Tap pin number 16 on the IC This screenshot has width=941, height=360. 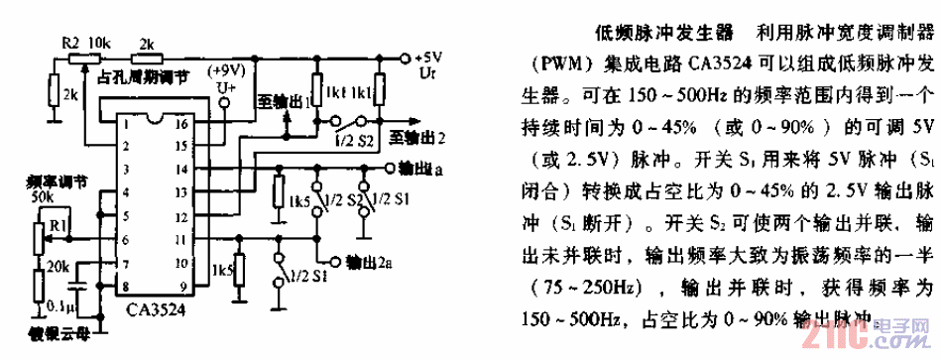(181, 127)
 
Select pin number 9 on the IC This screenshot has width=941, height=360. (182, 286)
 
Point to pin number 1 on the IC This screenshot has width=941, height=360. (127, 127)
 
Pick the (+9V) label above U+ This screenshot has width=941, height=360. (226, 71)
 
